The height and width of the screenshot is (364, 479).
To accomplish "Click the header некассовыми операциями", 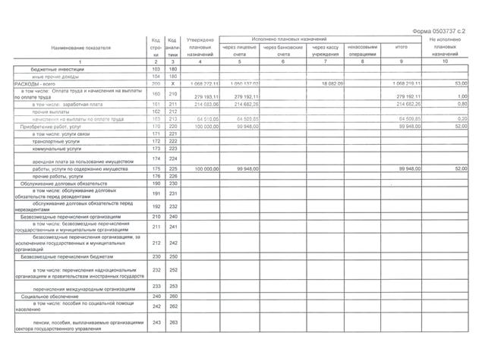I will pyautogui.click(x=363, y=51).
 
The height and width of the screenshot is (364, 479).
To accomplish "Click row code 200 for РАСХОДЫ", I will pyautogui.click(x=156, y=83).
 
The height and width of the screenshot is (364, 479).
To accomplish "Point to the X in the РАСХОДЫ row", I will pyautogui.click(x=173, y=83).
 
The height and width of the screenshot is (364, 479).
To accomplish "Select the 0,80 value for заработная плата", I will pyautogui.click(x=459, y=104).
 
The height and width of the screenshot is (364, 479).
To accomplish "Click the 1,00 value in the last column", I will pyautogui.click(x=459, y=96).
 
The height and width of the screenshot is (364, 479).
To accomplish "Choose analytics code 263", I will pyautogui.click(x=173, y=324).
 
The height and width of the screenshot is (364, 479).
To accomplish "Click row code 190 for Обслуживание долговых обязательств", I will pyautogui.click(x=156, y=184).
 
